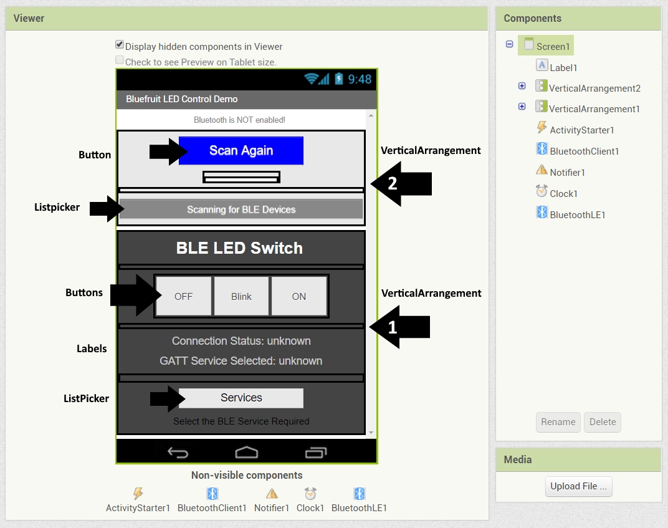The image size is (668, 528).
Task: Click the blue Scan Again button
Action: (x=241, y=150)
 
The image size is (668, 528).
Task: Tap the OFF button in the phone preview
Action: (x=184, y=296)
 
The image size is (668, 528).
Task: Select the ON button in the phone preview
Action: (x=299, y=296)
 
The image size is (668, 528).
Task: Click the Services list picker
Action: (x=241, y=398)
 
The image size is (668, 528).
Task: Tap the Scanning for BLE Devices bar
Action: (x=241, y=209)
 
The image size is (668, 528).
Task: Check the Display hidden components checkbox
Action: (x=120, y=45)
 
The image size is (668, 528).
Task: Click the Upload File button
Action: (x=578, y=486)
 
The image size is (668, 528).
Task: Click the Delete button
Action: (x=603, y=422)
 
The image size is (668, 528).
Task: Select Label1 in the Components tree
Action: (x=563, y=67)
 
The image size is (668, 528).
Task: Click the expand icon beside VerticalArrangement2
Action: (x=522, y=87)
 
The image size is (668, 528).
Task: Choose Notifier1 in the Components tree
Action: (x=567, y=172)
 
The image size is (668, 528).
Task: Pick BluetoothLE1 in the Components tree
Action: (x=578, y=214)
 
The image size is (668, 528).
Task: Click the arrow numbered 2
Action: (x=402, y=184)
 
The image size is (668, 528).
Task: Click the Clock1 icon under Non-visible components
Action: (x=310, y=494)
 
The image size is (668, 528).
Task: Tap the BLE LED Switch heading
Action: (x=239, y=248)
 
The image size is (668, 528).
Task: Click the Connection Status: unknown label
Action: (x=241, y=341)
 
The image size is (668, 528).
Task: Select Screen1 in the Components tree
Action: (x=553, y=46)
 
